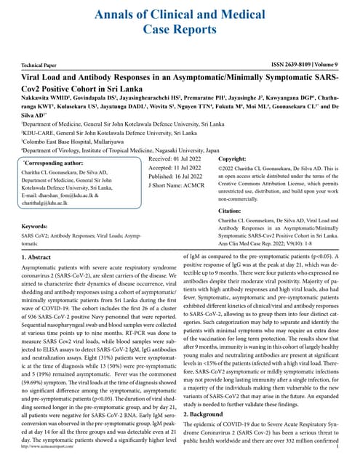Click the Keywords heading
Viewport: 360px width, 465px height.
(36, 226)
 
